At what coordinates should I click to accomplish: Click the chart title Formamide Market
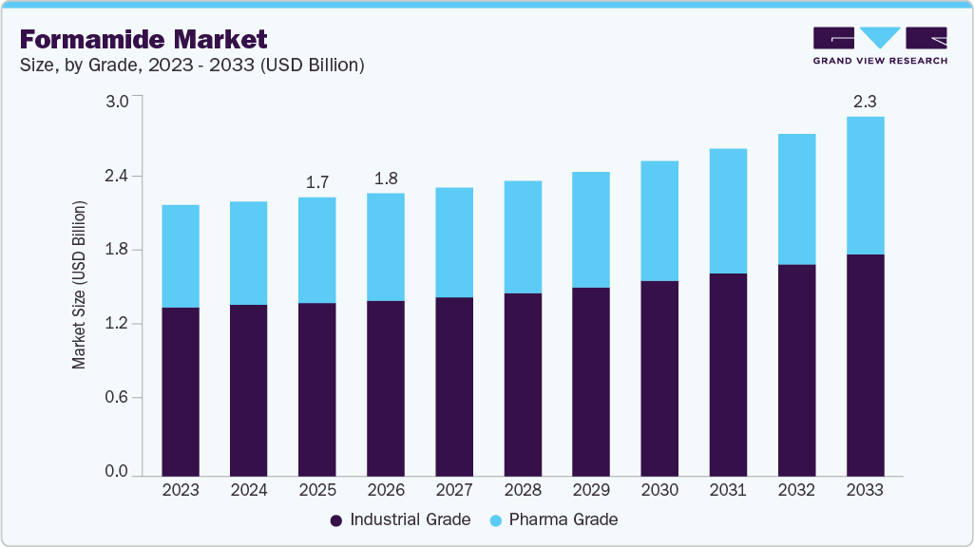[143, 39]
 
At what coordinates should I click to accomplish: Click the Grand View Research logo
[880, 45]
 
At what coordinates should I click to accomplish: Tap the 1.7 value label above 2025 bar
[316, 180]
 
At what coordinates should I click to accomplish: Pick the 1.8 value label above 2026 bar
[385, 178]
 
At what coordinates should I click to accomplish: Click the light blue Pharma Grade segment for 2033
[865, 185]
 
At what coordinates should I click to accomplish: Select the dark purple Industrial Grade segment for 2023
[181, 391]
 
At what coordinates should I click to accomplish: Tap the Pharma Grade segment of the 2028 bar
[523, 237]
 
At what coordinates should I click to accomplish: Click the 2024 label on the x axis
[249, 491]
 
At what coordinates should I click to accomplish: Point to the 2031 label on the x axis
[728, 491]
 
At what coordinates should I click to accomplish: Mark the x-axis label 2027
[454, 491]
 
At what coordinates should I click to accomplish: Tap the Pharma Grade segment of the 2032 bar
[796, 199]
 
